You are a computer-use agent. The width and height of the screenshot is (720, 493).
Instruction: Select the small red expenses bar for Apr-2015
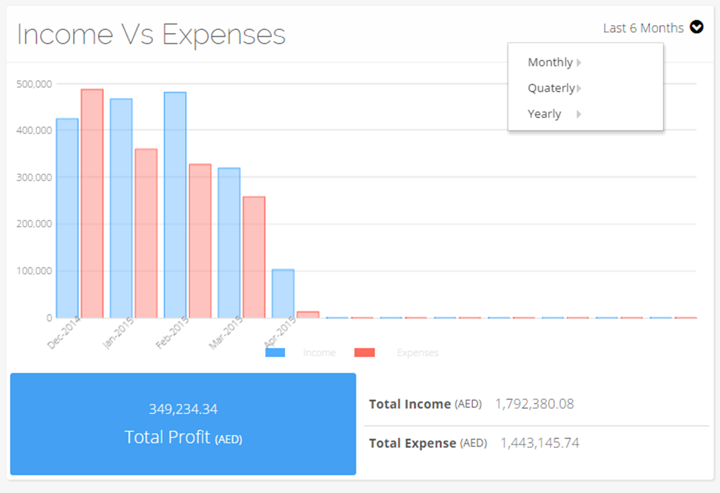308,314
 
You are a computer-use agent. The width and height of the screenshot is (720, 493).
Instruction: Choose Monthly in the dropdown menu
550,62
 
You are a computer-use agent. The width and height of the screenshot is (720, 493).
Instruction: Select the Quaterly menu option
551,88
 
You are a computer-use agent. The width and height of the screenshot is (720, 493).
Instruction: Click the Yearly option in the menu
545,114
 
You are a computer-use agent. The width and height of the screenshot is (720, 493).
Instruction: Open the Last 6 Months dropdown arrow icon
697,27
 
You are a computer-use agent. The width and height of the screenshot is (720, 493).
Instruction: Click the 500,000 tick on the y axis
35,84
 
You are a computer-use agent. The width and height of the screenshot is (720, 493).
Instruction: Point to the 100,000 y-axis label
35,271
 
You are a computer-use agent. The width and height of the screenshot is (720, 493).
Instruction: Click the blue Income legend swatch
275,352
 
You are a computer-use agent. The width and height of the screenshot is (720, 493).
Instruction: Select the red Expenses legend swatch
365,352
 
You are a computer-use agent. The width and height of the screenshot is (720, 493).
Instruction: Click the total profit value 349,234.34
183,409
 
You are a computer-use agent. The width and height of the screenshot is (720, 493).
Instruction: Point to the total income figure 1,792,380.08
534,404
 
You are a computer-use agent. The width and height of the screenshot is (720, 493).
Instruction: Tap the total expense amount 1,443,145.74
539,443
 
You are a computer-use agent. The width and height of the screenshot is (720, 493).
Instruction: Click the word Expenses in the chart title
224,35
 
